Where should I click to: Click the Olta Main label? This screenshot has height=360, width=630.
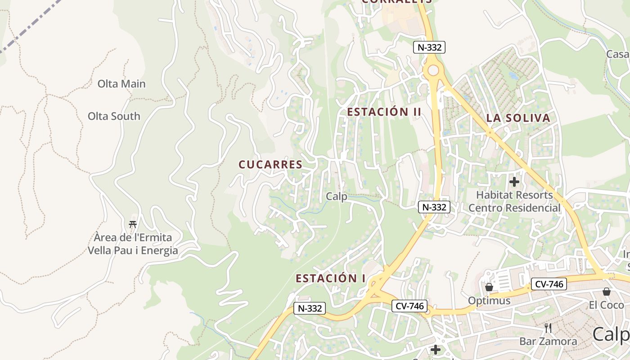point(121,84)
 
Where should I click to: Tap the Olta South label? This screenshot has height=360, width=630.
point(114,116)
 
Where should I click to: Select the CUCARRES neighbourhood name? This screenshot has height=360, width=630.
point(270,165)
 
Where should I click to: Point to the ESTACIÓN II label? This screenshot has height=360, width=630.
point(384,112)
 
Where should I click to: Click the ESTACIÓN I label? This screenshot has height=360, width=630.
point(330,279)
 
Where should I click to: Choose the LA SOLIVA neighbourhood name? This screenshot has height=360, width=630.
point(518,118)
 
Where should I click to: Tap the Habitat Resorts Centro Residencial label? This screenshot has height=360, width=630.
point(514,202)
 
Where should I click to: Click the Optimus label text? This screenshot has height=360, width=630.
point(489,301)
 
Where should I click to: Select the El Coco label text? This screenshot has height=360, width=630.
point(606,305)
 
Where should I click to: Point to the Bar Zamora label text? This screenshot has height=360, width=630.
point(548,341)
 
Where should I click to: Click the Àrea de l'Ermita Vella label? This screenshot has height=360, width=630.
point(133,243)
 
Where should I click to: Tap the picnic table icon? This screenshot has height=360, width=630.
point(133,224)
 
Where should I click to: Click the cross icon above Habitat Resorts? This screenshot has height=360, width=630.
point(514,182)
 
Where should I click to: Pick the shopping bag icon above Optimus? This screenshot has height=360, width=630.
point(489,287)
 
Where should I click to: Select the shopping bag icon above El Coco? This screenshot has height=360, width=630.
point(606,291)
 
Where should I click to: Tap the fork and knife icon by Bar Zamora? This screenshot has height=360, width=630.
point(548,327)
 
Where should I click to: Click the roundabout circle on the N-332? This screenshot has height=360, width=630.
point(433,71)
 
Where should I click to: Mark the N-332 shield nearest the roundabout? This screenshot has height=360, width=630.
point(429,47)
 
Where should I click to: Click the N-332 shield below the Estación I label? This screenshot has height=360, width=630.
point(310,308)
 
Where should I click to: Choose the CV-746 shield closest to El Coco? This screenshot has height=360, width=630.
point(549,284)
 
